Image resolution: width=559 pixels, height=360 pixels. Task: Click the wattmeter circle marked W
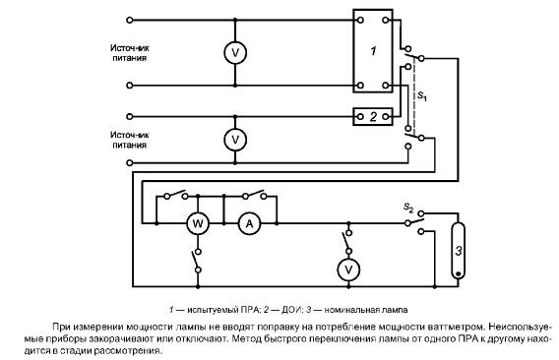click(x=198, y=223)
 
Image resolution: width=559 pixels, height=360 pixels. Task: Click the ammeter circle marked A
click(x=249, y=223)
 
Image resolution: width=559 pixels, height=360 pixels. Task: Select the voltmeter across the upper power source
click(x=235, y=53)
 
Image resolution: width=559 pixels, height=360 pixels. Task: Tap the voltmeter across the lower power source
click(x=235, y=140)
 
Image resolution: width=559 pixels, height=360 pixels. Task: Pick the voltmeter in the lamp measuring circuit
click(x=348, y=270)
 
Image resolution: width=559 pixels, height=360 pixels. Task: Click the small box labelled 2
click(x=373, y=116)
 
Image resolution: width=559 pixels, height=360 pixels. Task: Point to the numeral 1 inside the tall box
click(x=373, y=51)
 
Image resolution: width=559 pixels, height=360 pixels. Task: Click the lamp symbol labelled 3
click(x=458, y=251)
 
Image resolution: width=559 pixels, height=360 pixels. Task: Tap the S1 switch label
click(x=422, y=95)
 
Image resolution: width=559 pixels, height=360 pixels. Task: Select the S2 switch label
click(x=408, y=208)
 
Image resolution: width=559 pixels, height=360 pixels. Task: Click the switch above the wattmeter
click(x=176, y=195)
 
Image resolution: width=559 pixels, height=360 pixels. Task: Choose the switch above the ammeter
click(x=254, y=195)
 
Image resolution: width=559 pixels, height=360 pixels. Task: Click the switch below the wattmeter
click(x=197, y=261)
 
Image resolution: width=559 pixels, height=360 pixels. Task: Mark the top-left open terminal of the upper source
click(x=130, y=21)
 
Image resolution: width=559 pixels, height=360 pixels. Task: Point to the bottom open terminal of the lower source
click(x=130, y=163)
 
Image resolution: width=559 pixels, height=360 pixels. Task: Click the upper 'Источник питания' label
click(x=129, y=53)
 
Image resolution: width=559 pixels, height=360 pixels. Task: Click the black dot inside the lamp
click(x=458, y=273)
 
